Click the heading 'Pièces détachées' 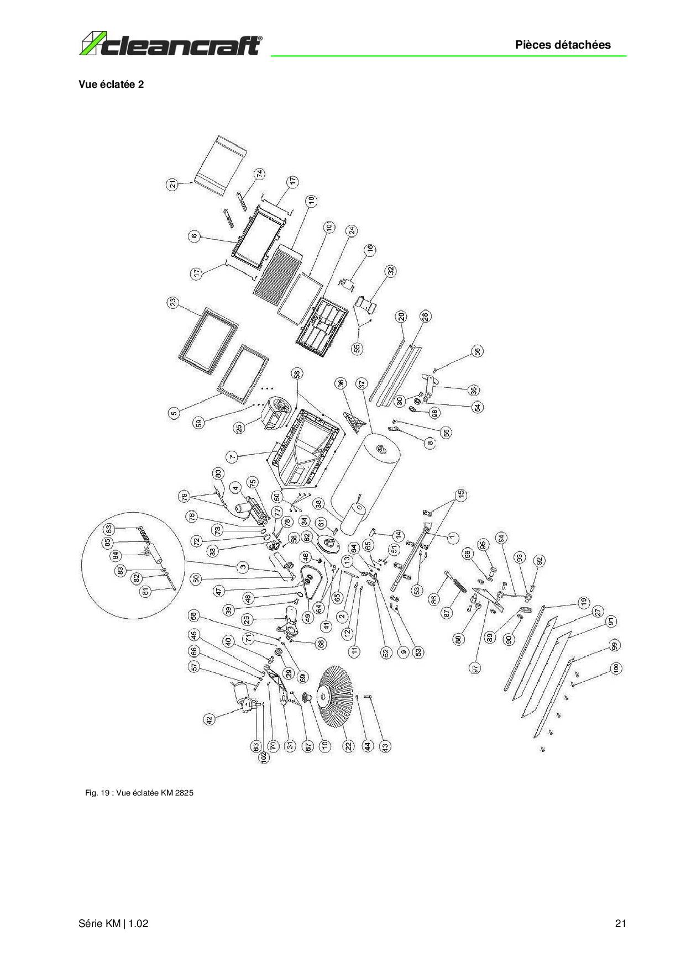[563, 45]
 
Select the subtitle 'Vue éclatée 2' [111, 85]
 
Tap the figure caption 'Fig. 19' [139, 793]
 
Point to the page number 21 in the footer [620, 923]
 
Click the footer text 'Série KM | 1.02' [113, 923]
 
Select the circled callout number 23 [173, 303]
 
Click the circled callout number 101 [329, 227]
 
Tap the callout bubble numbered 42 [209, 720]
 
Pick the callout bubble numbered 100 [616, 668]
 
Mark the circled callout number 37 [362, 383]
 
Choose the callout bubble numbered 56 [476, 351]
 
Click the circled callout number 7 [232, 456]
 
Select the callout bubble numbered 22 [348, 746]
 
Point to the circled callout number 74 [259, 173]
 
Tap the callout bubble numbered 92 [539, 561]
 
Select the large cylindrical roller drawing [368, 475]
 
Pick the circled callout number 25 [239, 428]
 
